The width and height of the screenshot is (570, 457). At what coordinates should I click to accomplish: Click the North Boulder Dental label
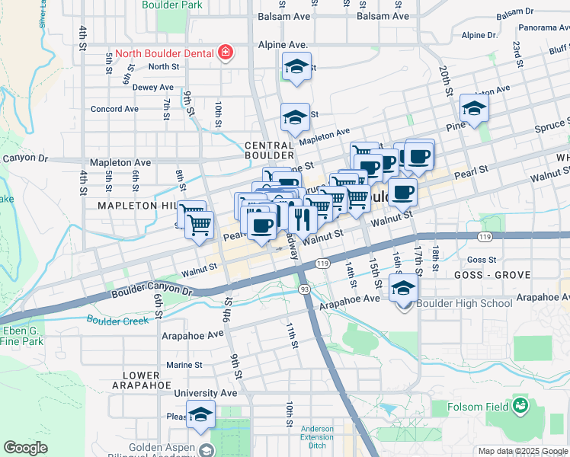[x=163, y=53]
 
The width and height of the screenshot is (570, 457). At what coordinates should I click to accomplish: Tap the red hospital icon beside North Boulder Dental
[x=225, y=53]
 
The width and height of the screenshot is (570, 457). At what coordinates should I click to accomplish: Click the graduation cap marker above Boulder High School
[x=404, y=289]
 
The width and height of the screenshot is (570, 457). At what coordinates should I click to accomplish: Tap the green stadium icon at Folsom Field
[x=520, y=405]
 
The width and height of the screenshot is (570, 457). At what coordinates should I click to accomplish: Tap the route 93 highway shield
[x=305, y=289]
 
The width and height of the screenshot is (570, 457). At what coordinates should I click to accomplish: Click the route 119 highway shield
[x=322, y=264]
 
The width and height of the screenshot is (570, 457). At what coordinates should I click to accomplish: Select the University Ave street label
[x=200, y=393]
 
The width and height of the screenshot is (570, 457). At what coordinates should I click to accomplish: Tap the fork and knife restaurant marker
[x=303, y=219]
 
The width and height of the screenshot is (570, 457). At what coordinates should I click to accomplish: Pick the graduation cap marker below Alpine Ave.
[x=296, y=67]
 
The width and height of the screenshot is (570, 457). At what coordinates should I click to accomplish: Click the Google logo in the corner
[x=26, y=447]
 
